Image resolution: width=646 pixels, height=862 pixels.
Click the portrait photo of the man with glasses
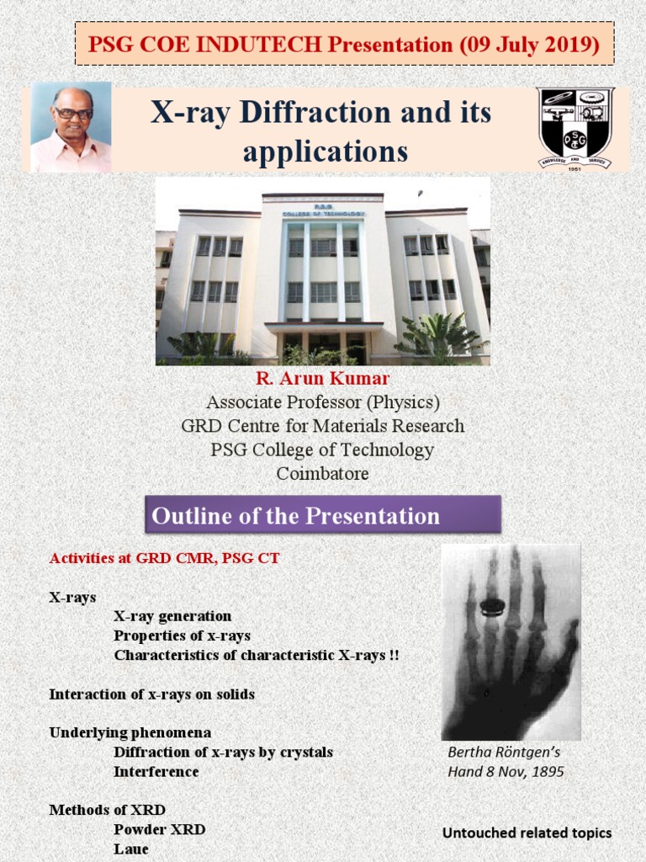coord(71,127)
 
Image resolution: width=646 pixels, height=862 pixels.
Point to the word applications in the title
coord(326,152)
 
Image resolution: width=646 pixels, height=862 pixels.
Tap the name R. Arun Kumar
coord(323,379)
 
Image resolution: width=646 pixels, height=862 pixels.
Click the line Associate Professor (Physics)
coord(323,402)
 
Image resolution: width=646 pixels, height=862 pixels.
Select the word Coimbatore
coord(323,473)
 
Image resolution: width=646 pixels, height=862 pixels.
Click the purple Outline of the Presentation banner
coord(323,515)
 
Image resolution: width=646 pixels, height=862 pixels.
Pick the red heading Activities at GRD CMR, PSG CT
coord(164,558)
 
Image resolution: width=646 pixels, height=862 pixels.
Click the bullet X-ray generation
coord(172,616)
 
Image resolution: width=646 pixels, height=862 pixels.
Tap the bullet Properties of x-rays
coord(182,636)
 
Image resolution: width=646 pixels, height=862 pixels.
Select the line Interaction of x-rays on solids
coord(151,694)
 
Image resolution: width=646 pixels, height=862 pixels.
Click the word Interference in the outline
coord(156,772)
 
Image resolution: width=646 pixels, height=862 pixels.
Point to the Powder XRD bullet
coord(159,829)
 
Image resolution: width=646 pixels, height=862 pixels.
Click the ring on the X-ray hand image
coord(491,605)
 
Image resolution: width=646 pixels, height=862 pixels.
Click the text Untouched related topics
coord(527,833)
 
